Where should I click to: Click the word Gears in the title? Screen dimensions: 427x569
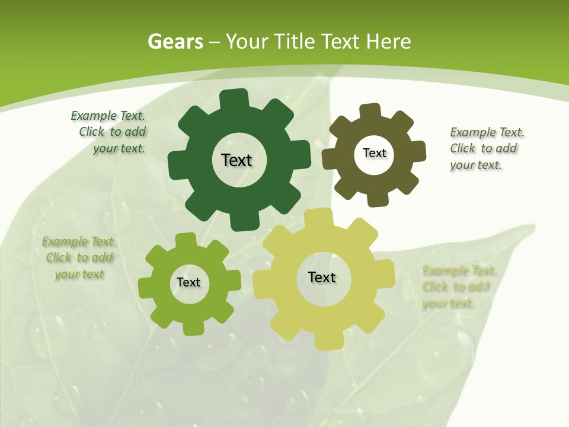tap(175, 42)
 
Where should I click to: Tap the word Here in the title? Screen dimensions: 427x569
tap(388, 42)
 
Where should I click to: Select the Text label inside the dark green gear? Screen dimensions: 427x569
tap(236, 160)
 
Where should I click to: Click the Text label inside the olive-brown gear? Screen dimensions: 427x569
tap(374, 153)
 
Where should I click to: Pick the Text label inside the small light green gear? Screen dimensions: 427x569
tap(188, 282)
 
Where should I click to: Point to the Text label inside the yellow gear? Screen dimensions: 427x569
tap(322, 277)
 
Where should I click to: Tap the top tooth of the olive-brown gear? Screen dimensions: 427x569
tap(370, 111)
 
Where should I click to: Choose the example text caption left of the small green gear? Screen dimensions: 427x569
tap(79, 257)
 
